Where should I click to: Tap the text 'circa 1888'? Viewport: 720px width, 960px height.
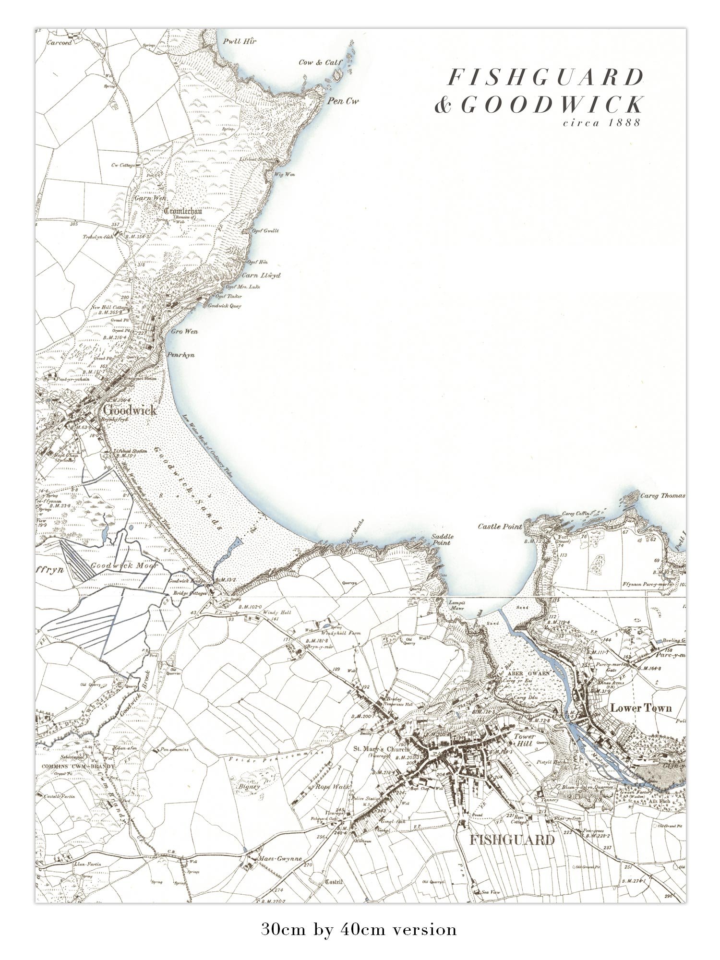[602, 122]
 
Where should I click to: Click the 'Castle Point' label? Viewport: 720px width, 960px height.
[500, 527]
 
